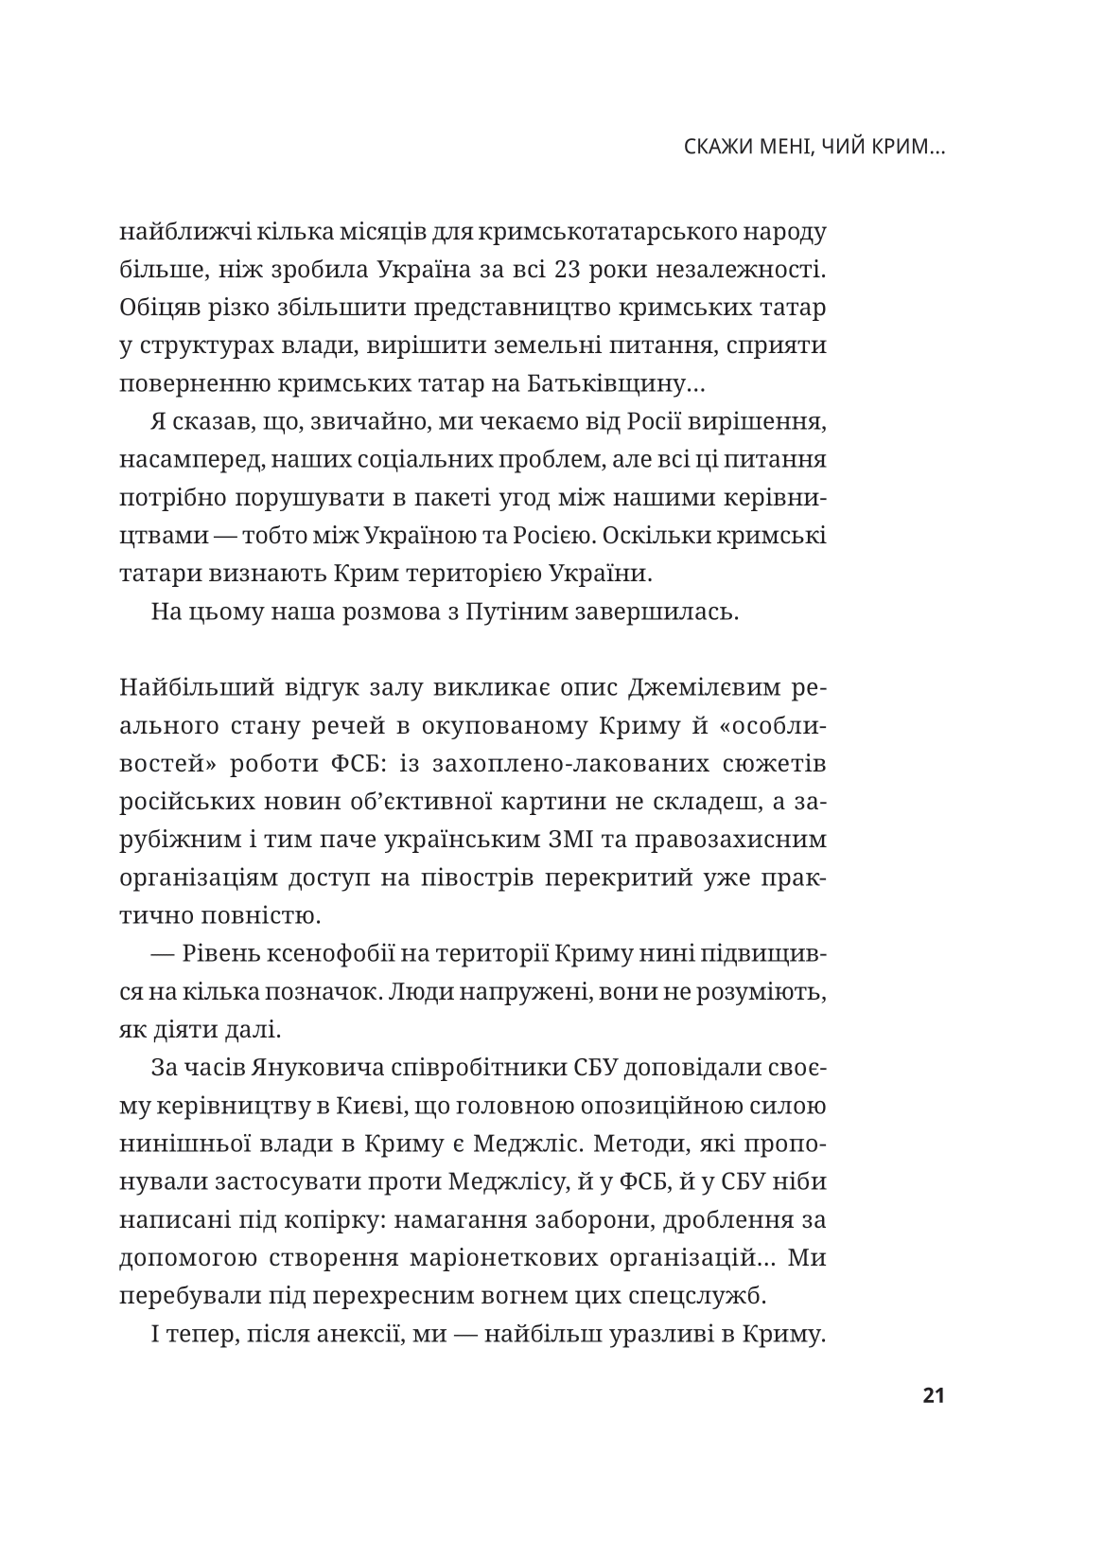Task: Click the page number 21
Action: tap(933, 1395)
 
